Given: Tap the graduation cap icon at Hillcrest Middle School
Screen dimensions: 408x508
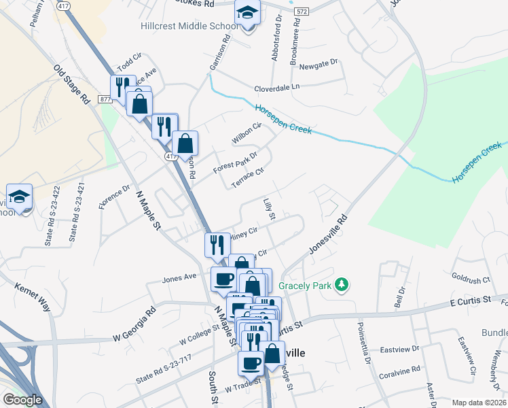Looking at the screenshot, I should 247,13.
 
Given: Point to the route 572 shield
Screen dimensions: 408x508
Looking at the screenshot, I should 302,12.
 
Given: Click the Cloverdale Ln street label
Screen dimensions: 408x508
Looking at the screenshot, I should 276,88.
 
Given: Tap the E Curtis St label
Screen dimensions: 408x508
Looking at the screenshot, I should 469,301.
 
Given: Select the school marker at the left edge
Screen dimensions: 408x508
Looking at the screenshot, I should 20,197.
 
